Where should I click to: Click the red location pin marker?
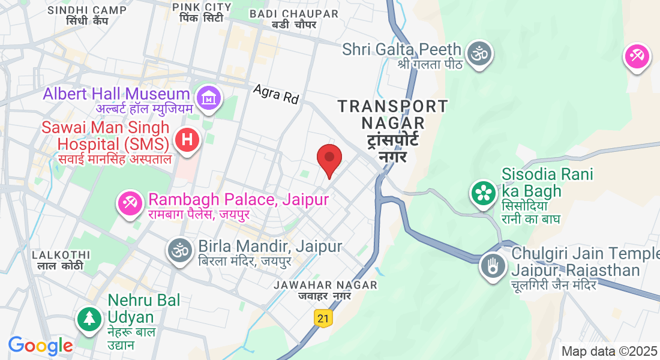(x=329, y=158)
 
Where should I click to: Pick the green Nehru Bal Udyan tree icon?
(x=89, y=318)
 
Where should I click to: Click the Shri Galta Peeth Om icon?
(x=479, y=53)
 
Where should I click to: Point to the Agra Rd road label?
(x=276, y=94)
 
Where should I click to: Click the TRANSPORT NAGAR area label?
(x=393, y=115)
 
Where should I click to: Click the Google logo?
(x=40, y=346)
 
